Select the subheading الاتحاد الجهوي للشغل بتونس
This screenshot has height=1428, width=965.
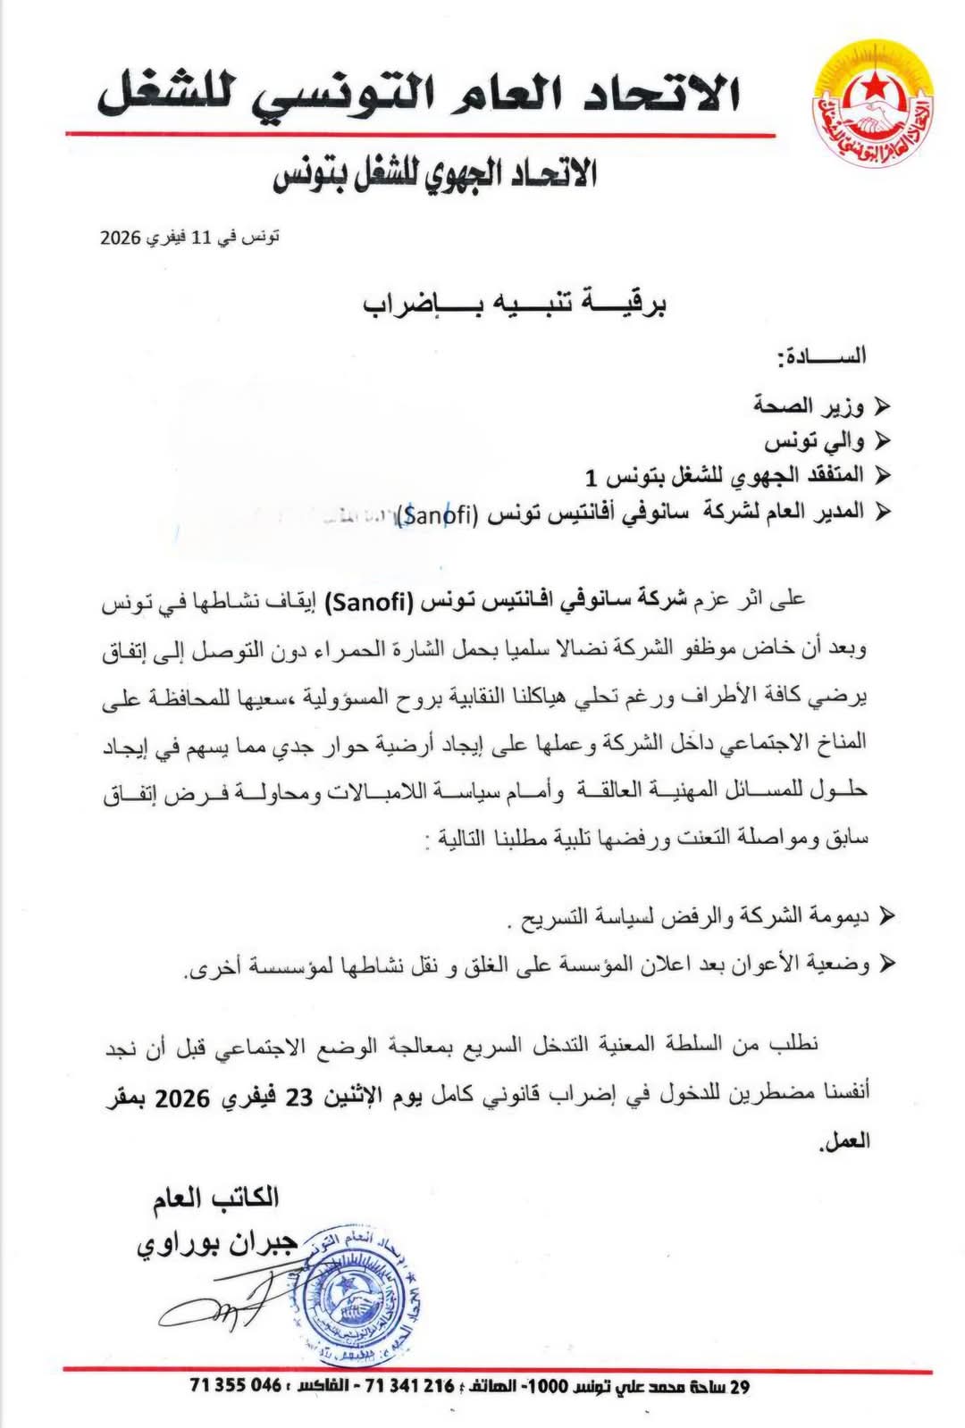point(435,173)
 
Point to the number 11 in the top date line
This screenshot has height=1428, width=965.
point(195,238)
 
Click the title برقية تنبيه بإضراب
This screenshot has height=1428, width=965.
point(516,305)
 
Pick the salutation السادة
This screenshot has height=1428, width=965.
point(822,355)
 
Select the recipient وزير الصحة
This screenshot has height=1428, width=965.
point(809,407)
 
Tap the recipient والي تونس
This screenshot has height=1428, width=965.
point(814,441)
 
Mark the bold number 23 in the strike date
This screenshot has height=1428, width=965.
point(298,1098)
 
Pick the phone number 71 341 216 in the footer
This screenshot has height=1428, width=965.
point(410,1386)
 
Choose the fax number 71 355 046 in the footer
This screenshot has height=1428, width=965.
point(235,1386)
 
